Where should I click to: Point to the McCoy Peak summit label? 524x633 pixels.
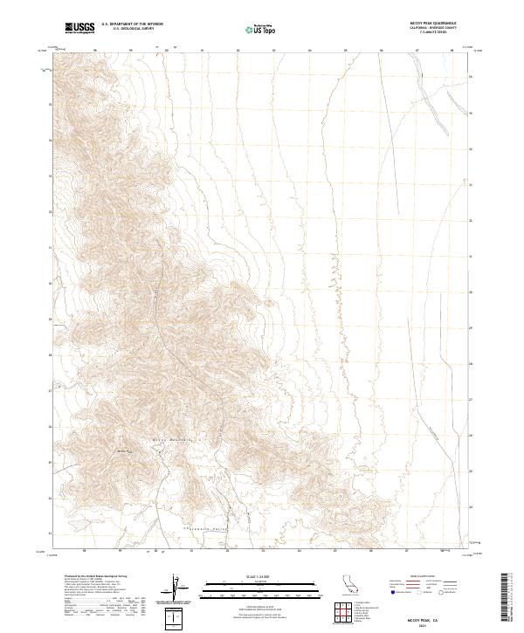tap(123, 451)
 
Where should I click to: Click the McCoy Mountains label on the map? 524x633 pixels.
tap(171, 438)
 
